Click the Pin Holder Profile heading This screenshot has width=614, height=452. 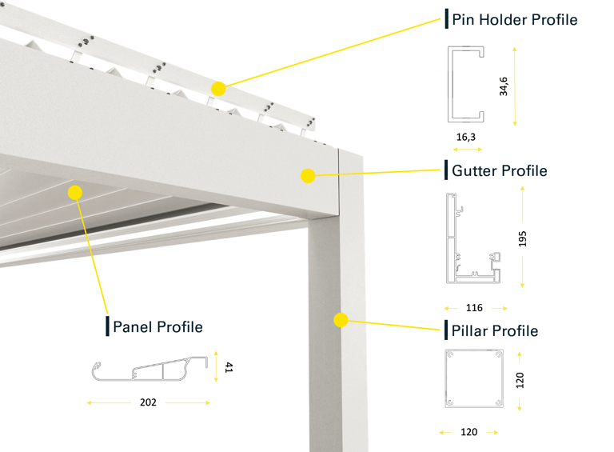click(514, 19)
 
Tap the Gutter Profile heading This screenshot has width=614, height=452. click(500, 170)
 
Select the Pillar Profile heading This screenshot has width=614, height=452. click(495, 330)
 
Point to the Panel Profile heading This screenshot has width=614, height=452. click(157, 326)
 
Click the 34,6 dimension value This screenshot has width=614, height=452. click(504, 86)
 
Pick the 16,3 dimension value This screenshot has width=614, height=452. click(467, 137)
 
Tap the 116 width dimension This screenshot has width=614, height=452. click(475, 307)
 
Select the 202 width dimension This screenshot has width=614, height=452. click(148, 402)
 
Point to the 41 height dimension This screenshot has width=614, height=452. click(228, 368)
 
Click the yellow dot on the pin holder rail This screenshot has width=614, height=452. click(218, 89)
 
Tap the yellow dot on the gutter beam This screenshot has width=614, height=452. click(307, 175)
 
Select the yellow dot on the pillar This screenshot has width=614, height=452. click(341, 321)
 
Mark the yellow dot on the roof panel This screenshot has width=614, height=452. click(76, 192)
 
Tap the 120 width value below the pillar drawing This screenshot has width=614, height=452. click(469, 432)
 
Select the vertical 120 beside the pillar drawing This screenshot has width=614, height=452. click(520, 378)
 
